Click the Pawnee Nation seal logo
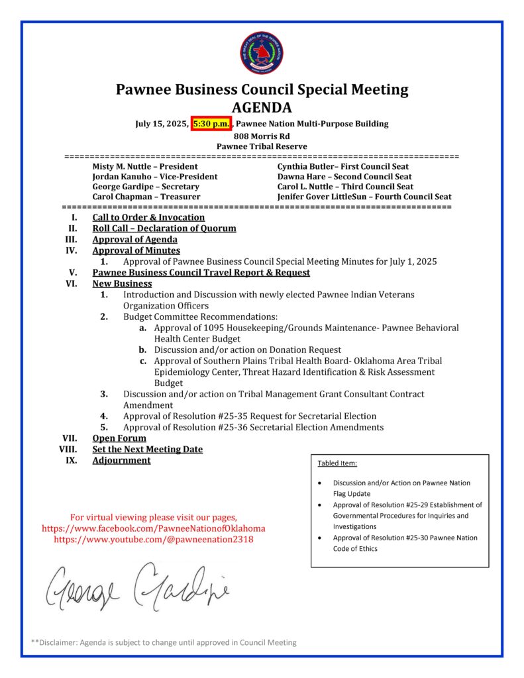click(262, 54)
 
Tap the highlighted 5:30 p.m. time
click(211, 124)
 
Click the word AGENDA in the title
click(262, 107)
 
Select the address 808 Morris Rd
click(262, 136)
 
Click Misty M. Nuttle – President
click(144, 167)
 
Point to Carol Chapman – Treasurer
click(146, 197)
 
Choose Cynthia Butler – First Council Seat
click(342, 167)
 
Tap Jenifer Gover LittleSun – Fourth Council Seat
click(364, 197)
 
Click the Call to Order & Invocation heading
click(148, 217)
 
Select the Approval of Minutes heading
click(136, 250)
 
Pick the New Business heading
click(122, 283)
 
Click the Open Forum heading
click(119, 438)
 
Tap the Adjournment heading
click(121, 460)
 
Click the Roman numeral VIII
click(68, 450)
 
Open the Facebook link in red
click(154, 528)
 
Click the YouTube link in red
click(154, 540)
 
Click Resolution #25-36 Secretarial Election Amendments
click(252, 427)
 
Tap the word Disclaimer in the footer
click(60, 642)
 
